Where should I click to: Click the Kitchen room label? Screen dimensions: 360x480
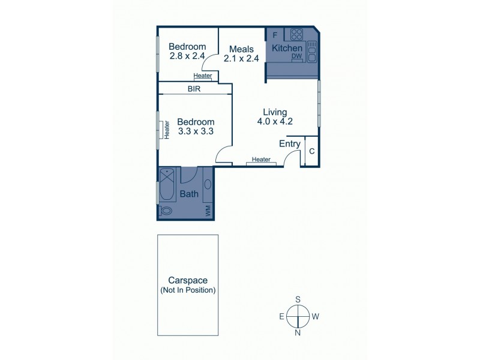tap(287, 48)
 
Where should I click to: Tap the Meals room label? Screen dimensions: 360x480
tap(235, 49)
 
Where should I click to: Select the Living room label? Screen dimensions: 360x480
tap(275, 112)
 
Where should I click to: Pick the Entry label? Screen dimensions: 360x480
tap(290, 143)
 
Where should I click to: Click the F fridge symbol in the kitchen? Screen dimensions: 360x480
tap(275, 34)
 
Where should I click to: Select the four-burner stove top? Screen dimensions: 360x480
tap(296, 34)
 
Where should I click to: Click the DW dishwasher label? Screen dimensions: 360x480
tap(296, 56)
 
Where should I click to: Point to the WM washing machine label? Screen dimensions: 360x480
tap(208, 210)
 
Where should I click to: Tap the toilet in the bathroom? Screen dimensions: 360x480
tap(166, 211)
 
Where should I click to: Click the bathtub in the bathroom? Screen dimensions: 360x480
tap(167, 179)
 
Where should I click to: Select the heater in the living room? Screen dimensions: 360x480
tap(261, 160)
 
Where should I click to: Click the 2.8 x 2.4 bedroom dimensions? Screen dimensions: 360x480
tap(187, 56)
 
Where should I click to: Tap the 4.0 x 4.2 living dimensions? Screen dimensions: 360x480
tap(275, 122)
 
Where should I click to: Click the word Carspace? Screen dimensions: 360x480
tap(187, 280)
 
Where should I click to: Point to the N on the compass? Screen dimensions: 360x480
tap(297, 332)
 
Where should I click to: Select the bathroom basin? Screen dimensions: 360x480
tap(208, 184)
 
